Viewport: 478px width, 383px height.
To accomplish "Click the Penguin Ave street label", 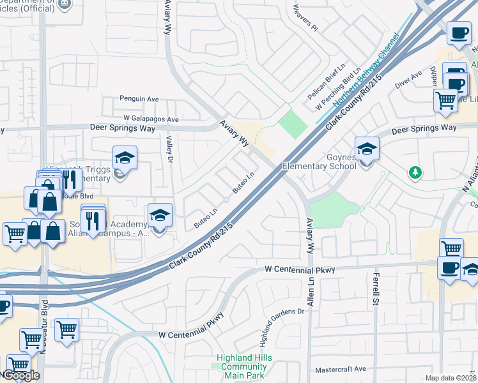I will coord(139,99).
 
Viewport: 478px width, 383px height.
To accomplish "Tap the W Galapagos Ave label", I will coord(151,119).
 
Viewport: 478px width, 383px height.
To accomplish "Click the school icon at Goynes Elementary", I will coord(367,151).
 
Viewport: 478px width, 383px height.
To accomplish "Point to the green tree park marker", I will coord(415,172).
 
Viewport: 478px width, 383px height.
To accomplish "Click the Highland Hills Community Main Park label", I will coord(242,366).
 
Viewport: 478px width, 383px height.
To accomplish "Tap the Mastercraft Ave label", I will coord(341,369).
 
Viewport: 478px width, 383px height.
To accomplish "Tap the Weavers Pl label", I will coord(305,18).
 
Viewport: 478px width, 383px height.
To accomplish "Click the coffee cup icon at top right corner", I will coord(458,33).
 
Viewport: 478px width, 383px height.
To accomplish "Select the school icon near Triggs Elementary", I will coord(125,157).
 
